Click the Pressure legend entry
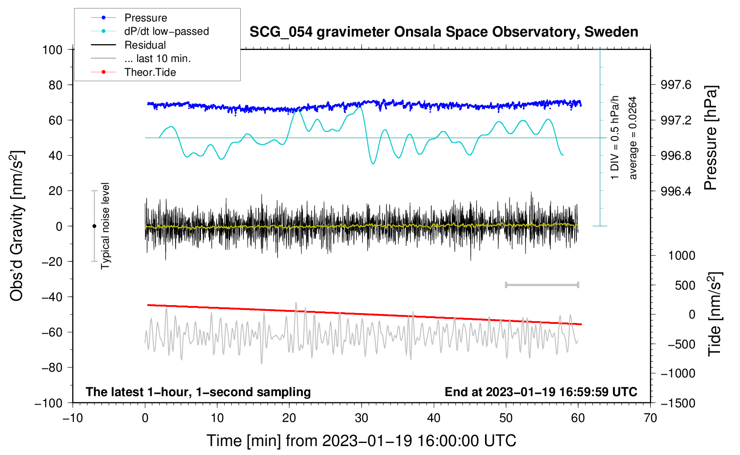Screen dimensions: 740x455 coord(129,17)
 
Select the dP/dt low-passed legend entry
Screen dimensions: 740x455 coord(150,31)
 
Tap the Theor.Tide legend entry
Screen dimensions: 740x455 coord(133,72)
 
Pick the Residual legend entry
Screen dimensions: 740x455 coord(128,45)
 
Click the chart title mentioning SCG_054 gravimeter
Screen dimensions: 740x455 coord(444,32)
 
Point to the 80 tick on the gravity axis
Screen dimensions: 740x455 coord(55,85)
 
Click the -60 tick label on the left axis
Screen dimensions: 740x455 coord(52,332)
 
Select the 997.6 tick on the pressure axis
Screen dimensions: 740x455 coord(675,85)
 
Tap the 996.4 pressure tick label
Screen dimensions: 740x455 coord(675,191)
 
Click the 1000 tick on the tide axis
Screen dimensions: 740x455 coord(682,256)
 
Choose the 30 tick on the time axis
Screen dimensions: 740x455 coord(362,418)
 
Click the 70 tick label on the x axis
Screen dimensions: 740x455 coord(650,418)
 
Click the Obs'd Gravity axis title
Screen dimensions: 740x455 coord(16,226)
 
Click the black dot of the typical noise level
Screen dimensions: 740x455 coord(94,226)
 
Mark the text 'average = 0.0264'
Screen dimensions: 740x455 coord(633,138)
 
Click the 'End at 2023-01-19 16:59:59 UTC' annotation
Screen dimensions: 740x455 coord(541,392)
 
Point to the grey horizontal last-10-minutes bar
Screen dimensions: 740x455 coord(542,285)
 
